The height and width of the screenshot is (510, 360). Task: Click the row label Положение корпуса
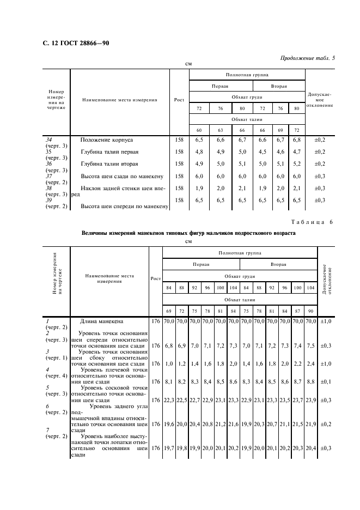tap(107, 140)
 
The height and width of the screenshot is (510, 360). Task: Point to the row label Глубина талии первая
tap(109, 152)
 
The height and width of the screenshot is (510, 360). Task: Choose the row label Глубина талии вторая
tap(109, 164)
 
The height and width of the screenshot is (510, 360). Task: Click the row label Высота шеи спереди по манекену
tap(125, 207)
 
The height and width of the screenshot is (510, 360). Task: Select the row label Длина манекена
tap(102, 321)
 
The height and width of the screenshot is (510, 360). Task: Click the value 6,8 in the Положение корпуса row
tap(296, 140)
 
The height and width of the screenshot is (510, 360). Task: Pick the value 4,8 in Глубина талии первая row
tap(199, 152)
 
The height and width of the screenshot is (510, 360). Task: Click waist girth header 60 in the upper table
tap(199, 130)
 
